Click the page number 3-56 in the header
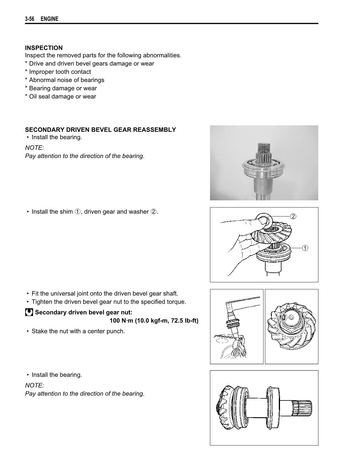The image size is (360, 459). (29, 19)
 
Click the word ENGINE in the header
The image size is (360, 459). (49, 19)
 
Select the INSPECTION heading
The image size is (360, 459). (44, 48)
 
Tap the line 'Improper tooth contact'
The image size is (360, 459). (60, 72)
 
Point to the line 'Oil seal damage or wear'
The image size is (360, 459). (62, 97)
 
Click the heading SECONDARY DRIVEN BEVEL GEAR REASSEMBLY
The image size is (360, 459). (101, 130)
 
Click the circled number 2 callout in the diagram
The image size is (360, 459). (293, 217)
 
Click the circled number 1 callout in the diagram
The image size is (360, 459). (305, 248)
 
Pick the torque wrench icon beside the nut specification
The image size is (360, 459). (29, 312)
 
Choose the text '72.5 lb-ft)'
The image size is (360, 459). (184, 320)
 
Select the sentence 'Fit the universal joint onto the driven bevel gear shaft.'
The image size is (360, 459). (105, 294)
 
